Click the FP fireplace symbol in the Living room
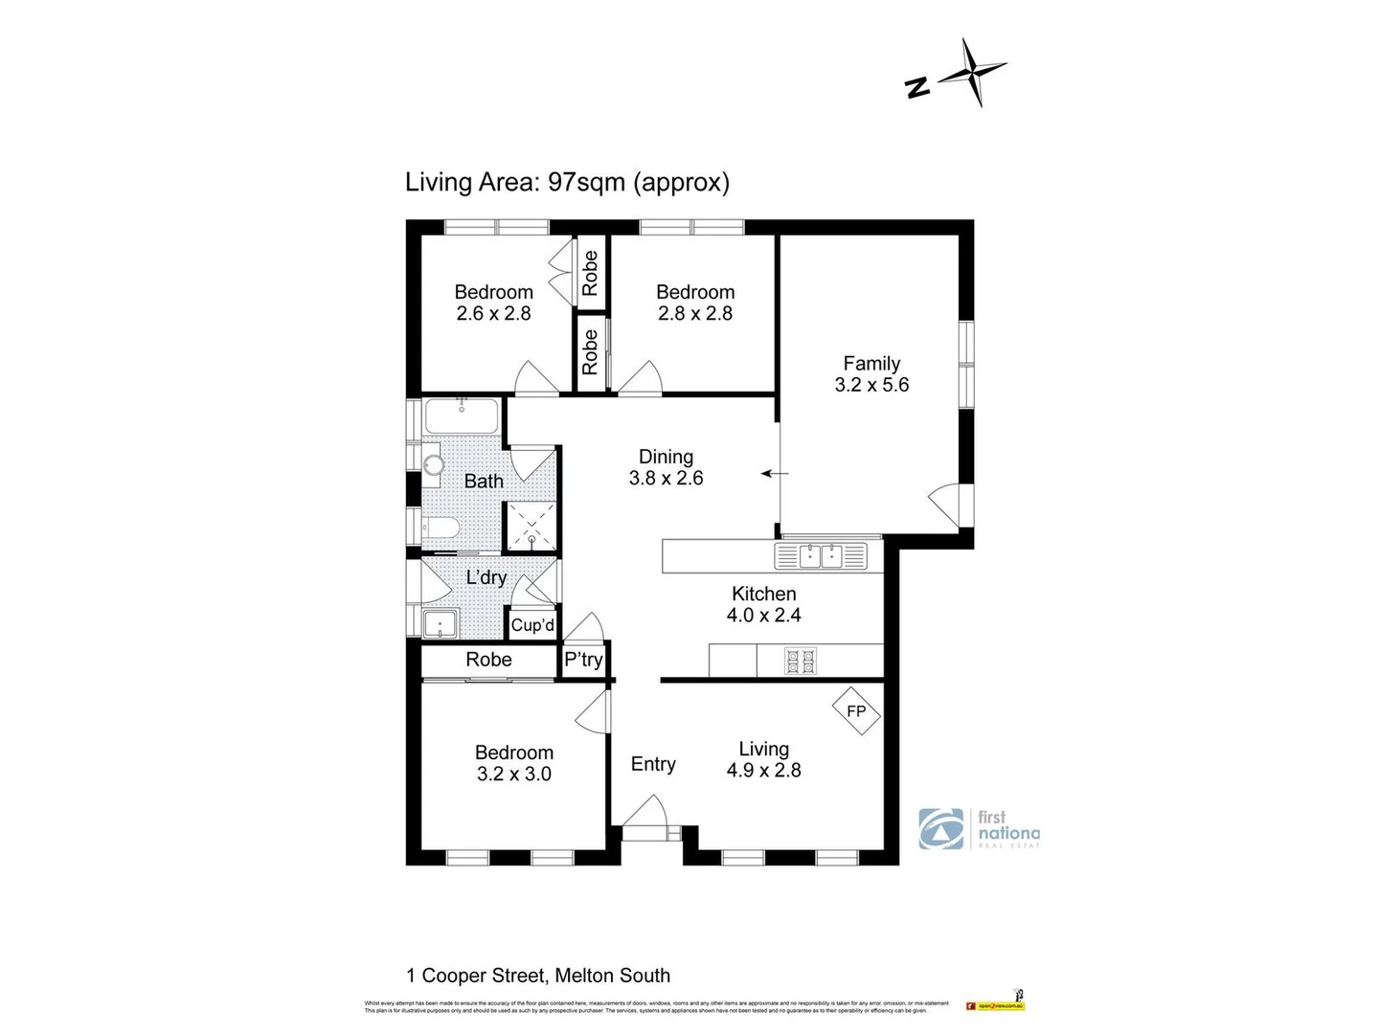pos(856,710)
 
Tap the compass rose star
pos(974,73)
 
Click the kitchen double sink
pos(820,555)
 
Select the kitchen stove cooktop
pos(801,660)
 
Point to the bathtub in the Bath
pos(462,417)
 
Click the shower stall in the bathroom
pos(531,527)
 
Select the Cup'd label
pos(532,625)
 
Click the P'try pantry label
pos(583,660)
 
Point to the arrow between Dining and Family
pos(775,473)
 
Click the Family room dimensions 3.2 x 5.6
pos(871,385)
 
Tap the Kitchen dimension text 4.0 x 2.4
pos(763,616)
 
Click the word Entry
pos(653,764)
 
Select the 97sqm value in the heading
pos(586,182)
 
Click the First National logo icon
pos(941,829)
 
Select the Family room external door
pos(946,504)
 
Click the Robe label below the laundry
pos(488,660)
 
